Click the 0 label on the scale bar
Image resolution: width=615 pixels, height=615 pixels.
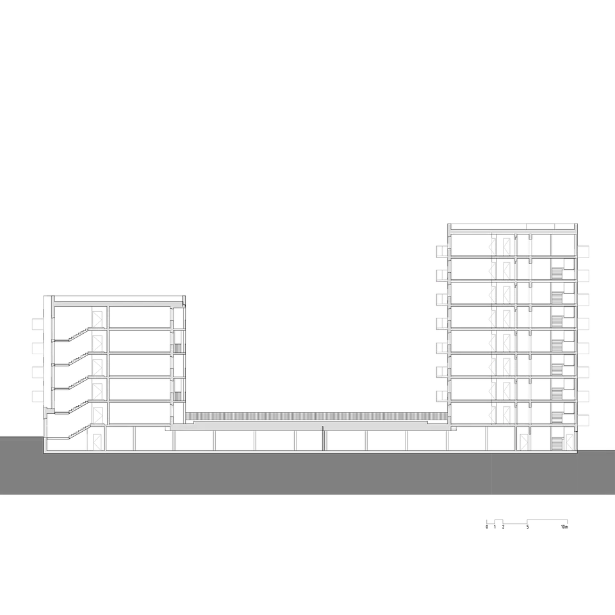point(487,527)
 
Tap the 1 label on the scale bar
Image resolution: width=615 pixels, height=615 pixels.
point(495,527)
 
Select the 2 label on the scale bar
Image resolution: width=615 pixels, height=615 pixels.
point(504,527)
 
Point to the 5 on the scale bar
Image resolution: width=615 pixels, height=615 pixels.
point(527,527)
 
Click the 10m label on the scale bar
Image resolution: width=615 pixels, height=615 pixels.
point(564,527)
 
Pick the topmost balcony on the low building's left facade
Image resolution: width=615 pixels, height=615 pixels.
point(38,324)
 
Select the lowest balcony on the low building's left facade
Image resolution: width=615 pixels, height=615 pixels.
point(38,397)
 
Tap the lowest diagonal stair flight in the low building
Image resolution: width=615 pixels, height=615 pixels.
point(78,431)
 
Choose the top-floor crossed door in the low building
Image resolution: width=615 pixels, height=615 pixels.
point(97,317)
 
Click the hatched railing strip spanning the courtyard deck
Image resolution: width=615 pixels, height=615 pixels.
point(316,416)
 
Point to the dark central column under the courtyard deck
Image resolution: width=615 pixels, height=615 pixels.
point(323,438)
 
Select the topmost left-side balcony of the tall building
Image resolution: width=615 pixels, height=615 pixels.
point(442,251)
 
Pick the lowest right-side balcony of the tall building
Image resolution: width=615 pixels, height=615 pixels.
point(583,420)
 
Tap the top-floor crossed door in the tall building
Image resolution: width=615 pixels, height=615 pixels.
point(507,245)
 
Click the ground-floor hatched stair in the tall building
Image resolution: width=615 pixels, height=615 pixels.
point(557,445)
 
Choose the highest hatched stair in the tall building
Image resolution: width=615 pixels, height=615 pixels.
point(557,273)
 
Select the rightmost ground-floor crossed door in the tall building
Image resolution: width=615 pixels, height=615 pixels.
point(523,443)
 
